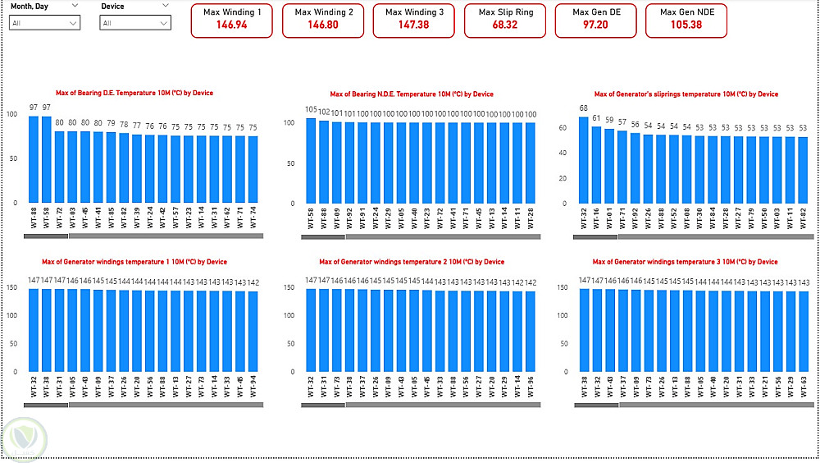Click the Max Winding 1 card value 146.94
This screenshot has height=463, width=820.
232,25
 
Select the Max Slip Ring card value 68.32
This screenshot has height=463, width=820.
504,25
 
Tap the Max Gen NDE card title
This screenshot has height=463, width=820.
686,12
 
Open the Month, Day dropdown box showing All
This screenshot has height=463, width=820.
45,23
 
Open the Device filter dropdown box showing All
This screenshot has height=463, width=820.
136,23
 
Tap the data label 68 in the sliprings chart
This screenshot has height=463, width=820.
584,108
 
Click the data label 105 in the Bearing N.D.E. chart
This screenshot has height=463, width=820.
311,109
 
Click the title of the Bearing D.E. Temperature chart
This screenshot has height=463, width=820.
134,94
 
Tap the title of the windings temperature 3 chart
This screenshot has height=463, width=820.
684,262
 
